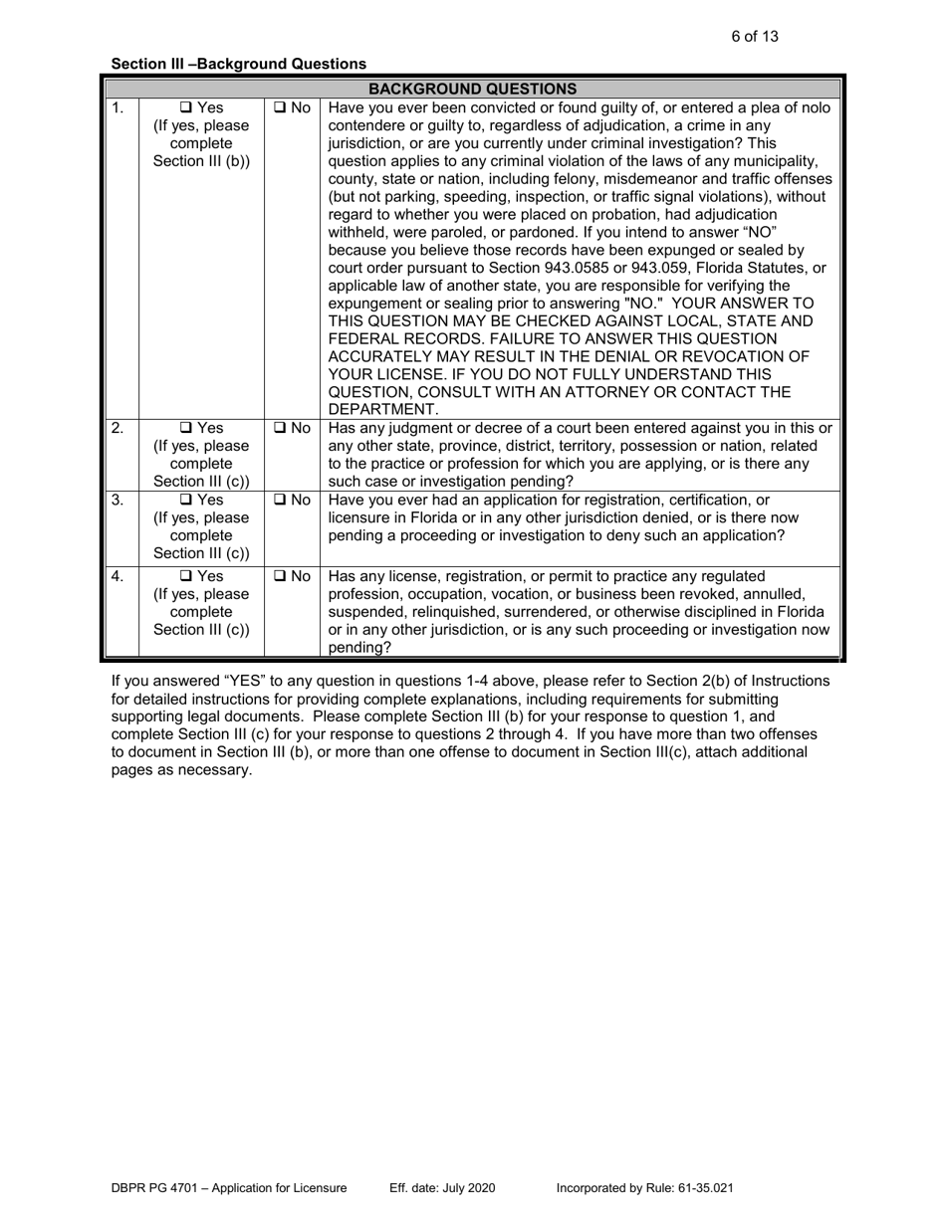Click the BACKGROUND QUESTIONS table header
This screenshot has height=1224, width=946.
474,88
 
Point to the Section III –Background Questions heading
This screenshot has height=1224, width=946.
238,64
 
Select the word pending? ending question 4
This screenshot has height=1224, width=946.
360,648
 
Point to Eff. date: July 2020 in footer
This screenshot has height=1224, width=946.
441,1188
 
